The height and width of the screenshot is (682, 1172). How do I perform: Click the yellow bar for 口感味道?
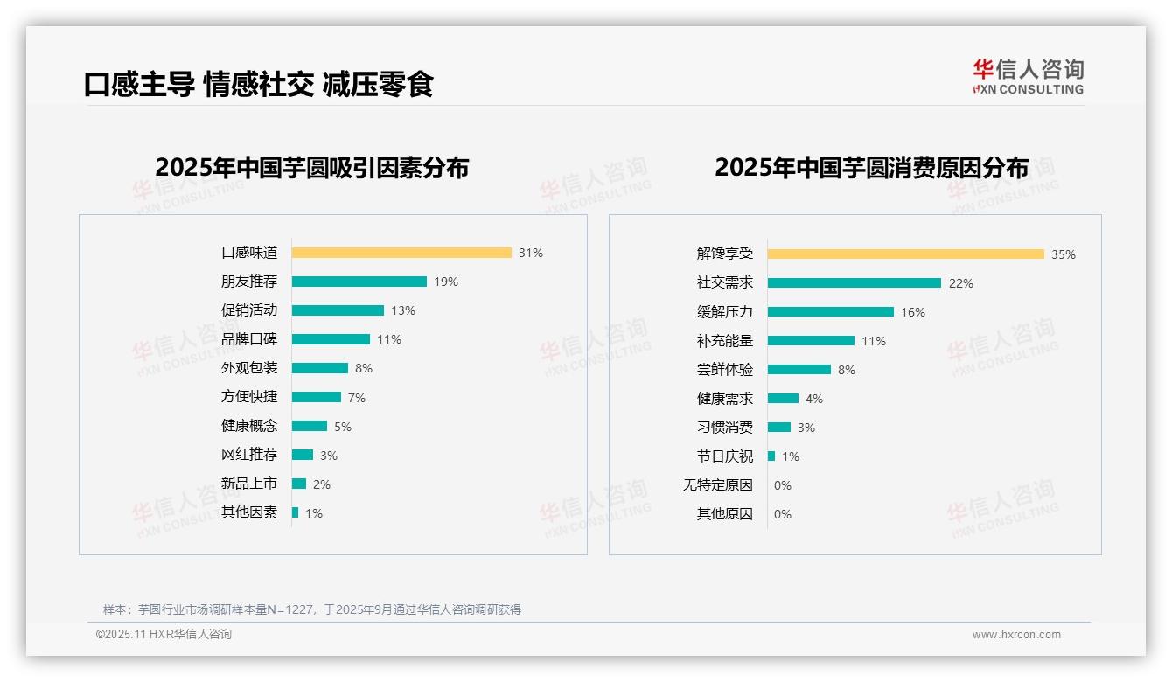pos(401,253)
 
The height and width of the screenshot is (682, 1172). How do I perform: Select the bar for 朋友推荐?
pos(359,282)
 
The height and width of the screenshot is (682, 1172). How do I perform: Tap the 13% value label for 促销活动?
pos(403,310)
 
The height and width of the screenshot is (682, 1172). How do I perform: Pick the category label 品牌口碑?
pos(249,339)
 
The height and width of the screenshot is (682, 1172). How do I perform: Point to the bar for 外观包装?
pos(319,368)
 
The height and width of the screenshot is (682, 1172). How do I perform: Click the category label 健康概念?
pos(249,426)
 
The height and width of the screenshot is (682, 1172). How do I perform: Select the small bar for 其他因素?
pos(295,512)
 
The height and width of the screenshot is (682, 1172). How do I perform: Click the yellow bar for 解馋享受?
pos(905,254)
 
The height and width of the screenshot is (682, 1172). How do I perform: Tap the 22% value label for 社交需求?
pos(961,283)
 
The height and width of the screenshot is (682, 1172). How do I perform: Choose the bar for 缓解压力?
pos(830,312)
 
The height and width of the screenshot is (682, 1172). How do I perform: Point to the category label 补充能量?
pos(725,341)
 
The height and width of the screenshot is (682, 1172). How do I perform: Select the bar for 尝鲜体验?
pos(799,370)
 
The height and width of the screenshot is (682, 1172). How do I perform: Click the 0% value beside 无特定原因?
pos(783,485)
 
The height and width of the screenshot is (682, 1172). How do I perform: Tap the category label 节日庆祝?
pos(725,456)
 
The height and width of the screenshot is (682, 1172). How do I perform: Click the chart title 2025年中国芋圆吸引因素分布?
pos(312,167)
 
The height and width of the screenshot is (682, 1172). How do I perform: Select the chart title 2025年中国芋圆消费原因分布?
pos(871,167)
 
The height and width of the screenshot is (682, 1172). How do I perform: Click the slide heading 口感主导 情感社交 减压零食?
pos(259,84)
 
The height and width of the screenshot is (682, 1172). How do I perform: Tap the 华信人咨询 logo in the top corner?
pos(1028,77)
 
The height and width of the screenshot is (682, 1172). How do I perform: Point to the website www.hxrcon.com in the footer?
pos(1016,635)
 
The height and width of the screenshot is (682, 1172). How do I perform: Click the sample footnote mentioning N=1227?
pos(312,609)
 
